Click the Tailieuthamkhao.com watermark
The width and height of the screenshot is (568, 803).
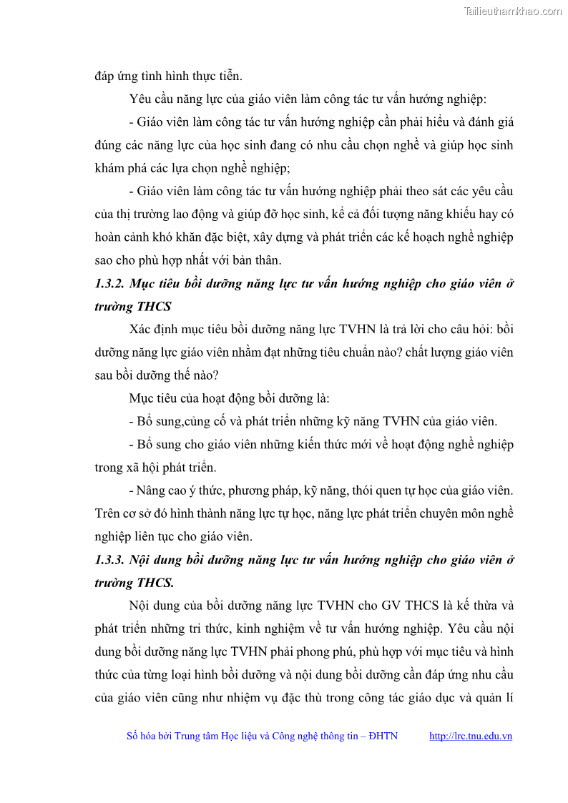point(512,11)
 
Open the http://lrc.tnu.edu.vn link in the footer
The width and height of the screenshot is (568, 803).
point(470,736)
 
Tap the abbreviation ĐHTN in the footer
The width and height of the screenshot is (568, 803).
point(383,736)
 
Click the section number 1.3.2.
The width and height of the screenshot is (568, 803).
point(109,283)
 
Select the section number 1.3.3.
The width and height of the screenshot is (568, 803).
point(109,560)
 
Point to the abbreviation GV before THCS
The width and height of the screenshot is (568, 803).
point(391,606)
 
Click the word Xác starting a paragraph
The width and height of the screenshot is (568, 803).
point(141,329)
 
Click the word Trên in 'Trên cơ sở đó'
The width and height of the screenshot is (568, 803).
point(107,513)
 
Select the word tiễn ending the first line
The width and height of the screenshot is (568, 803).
point(230,76)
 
